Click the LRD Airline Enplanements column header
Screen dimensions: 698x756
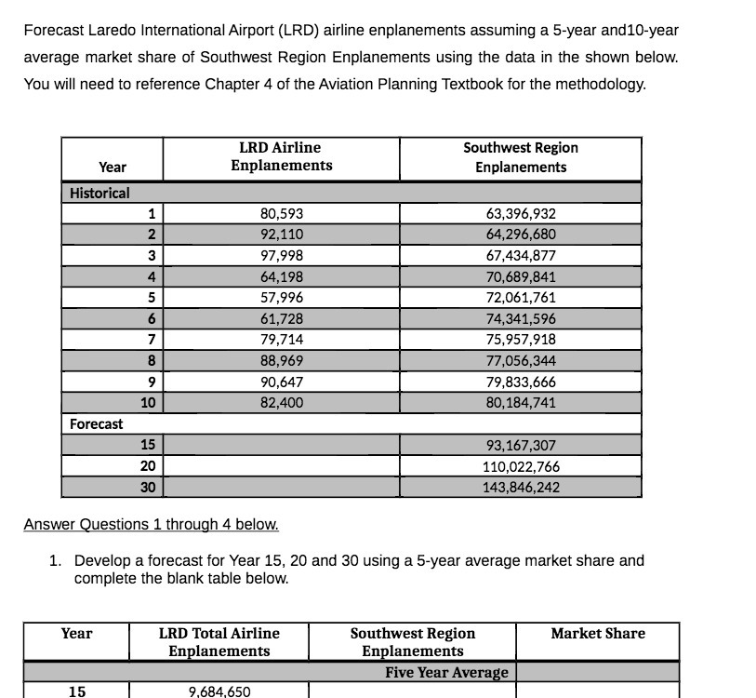(281, 156)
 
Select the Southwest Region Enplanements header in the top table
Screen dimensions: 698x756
(520, 157)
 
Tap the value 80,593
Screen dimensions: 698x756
(281, 213)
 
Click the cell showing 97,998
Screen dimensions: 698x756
(281, 256)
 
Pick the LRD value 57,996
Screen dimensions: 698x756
(281, 298)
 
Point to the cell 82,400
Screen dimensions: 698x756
(281, 403)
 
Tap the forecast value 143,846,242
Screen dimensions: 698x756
(520, 487)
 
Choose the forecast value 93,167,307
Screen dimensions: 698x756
(520, 445)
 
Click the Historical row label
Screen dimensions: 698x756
(100, 193)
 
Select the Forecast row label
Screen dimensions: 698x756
(97, 423)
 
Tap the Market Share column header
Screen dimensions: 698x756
(597, 634)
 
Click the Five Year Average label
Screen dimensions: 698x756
(446, 672)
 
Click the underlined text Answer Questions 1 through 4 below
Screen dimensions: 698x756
(151, 524)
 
